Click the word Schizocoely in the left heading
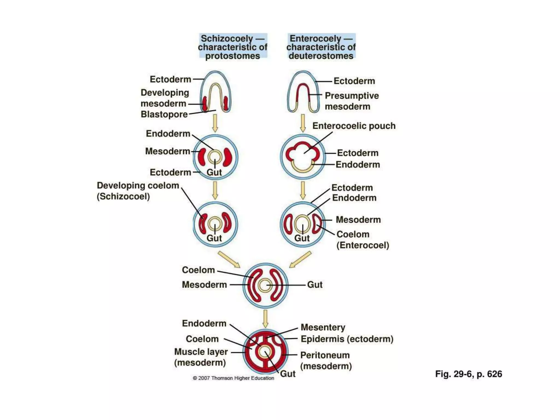pyautogui.click(x=227, y=39)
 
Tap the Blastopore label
pyautogui.click(x=164, y=114)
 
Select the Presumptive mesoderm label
pyautogui.click(x=351, y=101)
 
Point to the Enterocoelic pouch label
pyautogui.click(x=354, y=126)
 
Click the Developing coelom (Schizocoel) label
pyautogui.click(x=138, y=191)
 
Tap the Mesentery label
pyautogui.click(x=323, y=327)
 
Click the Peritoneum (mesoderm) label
pyautogui.click(x=325, y=360)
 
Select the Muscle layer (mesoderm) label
pyautogui.click(x=201, y=357)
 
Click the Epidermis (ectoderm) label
pyautogui.click(x=347, y=339)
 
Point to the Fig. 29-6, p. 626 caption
pyautogui.click(x=468, y=374)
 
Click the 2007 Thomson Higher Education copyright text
pyautogui.click(x=233, y=378)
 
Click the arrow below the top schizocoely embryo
pyautogui.click(x=215, y=123)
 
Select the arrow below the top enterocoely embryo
pyautogui.click(x=303, y=123)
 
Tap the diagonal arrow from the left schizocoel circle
pyautogui.click(x=229, y=259)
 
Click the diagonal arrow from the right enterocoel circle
pyautogui.click(x=300, y=259)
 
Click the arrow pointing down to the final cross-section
pyautogui.click(x=265, y=319)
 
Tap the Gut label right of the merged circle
pyautogui.click(x=315, y=285)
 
